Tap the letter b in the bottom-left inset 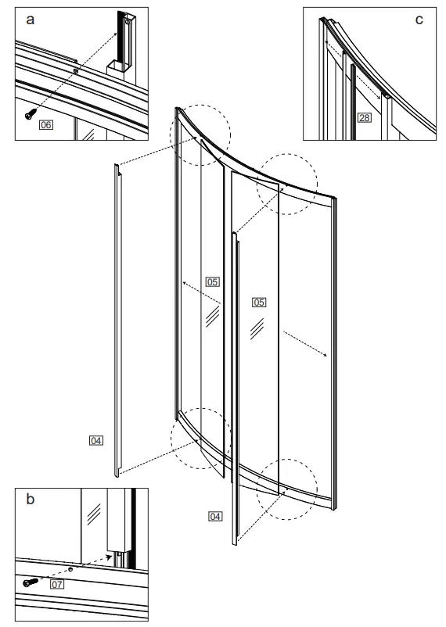(30, 499)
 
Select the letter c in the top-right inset (419, 19)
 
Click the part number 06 (46, 124)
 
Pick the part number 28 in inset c (363, 118)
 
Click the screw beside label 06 (29, 114)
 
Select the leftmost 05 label (212, 281)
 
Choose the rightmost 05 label (259, 301)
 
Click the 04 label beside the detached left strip (96, 441)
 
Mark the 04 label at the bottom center (215, 516)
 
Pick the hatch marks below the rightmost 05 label (256, 329)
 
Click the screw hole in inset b (71, 570)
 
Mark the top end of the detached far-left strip (116, 167)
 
